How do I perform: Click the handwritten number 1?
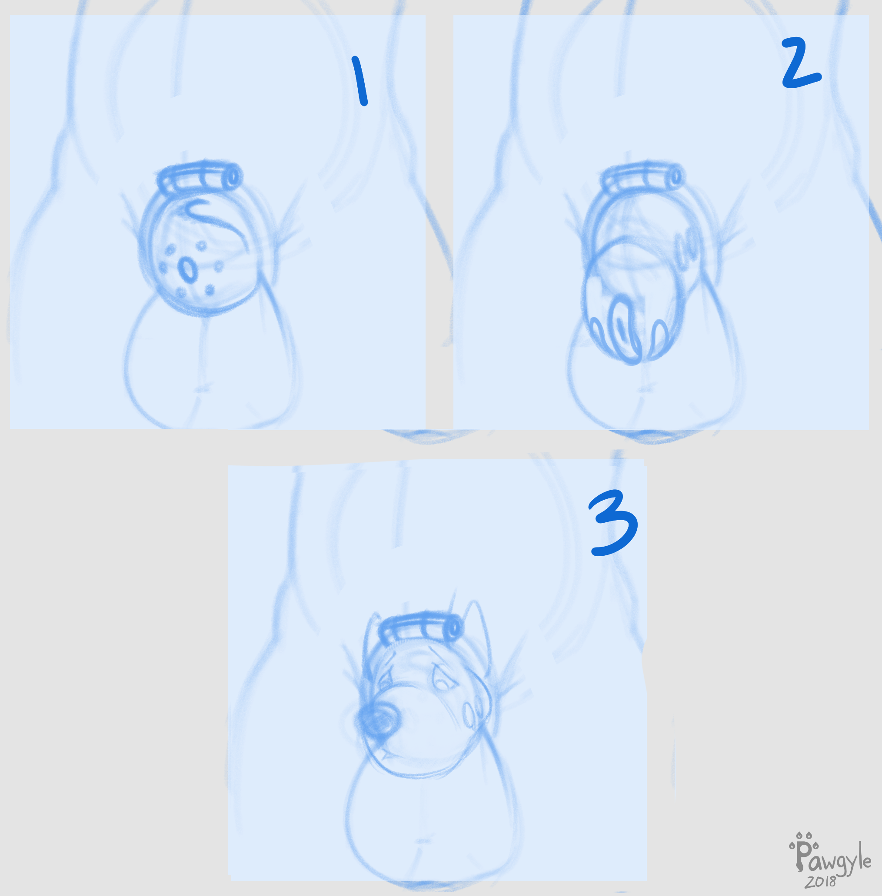pyautogui.click(x=359, y=81)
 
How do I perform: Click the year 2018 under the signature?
pyautogui.click(x=820, y=881)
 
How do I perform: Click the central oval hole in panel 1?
pyautogui.click(x=188, y=270)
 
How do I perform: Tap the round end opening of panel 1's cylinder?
pyautogui.click(x=234, y=176)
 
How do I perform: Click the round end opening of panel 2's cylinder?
pyautogui.click(x=677, y=176)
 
